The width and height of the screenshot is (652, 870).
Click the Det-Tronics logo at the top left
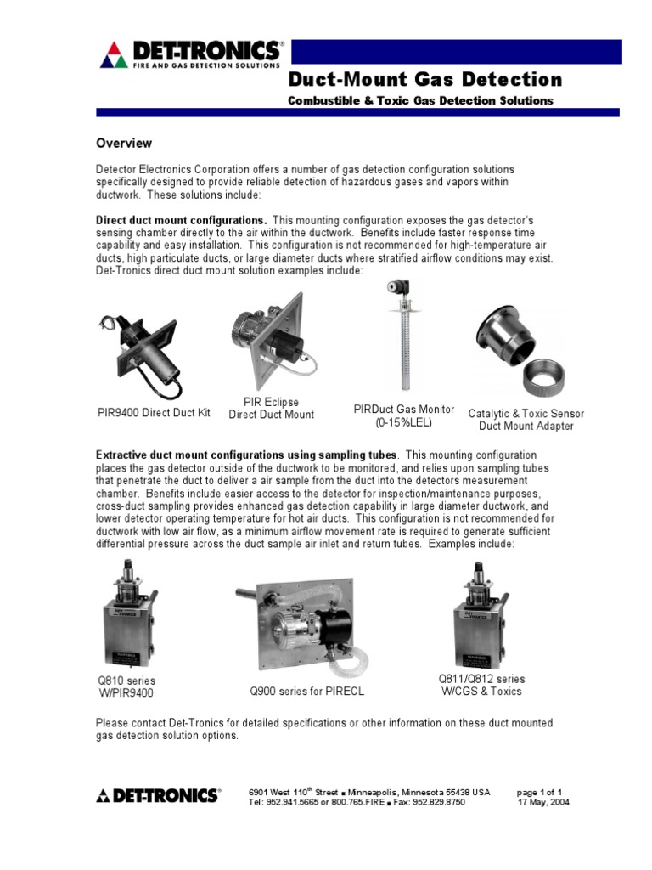point(192,54)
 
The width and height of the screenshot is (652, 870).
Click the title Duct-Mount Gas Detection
point(425,80)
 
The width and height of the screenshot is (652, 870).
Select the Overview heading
point(123,144)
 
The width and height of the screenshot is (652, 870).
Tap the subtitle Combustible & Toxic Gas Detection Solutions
point(421,100)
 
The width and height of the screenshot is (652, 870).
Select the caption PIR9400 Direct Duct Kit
point(153,414)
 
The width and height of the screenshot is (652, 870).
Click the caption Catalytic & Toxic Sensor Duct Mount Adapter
point(526,420)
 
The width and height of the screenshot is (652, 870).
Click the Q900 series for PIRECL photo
point(306,621)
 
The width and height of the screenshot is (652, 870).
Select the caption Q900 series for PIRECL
point(306,692)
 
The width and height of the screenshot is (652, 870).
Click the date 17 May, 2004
point(543,801)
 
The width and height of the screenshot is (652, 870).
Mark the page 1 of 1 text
point(540,791)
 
